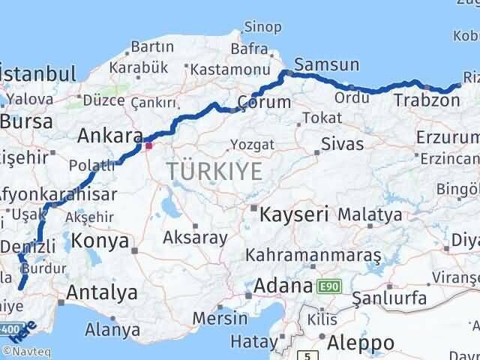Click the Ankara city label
point(110,136)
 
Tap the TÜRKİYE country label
point(215,172)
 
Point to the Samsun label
point(327,64)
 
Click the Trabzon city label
point(420,100)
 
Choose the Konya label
point(101,241)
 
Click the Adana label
point(283,286)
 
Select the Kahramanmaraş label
point(314,255)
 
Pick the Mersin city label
point(220,317)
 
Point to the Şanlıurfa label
point(390,298)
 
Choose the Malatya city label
point(369,214)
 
